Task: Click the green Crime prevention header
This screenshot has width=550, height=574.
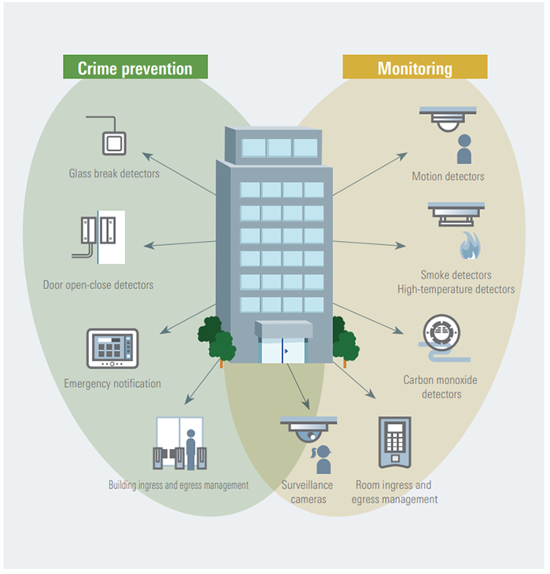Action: tap(135, 68)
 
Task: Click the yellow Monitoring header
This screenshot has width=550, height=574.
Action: tap(415, 68)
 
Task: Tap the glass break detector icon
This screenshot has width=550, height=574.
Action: tap(114, 142)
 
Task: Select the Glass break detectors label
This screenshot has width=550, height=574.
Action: tap(114, 173)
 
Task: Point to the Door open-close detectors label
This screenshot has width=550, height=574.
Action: tap(98, 285)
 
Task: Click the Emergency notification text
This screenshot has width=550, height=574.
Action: tap(112, 384)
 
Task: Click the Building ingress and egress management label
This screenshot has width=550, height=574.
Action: tap(178, 485)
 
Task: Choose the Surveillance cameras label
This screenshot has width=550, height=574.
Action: tap(307, 492)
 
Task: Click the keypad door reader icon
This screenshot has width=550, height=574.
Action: tap(394, 442)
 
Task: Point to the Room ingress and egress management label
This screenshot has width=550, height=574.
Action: tap(394, 492)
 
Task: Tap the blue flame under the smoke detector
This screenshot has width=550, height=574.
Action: tap(470, 246)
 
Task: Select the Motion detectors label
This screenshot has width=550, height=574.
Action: tap(448, 177)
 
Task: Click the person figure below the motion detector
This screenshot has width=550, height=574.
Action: tap(464, 149)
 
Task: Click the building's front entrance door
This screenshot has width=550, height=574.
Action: tap(282, 349)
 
